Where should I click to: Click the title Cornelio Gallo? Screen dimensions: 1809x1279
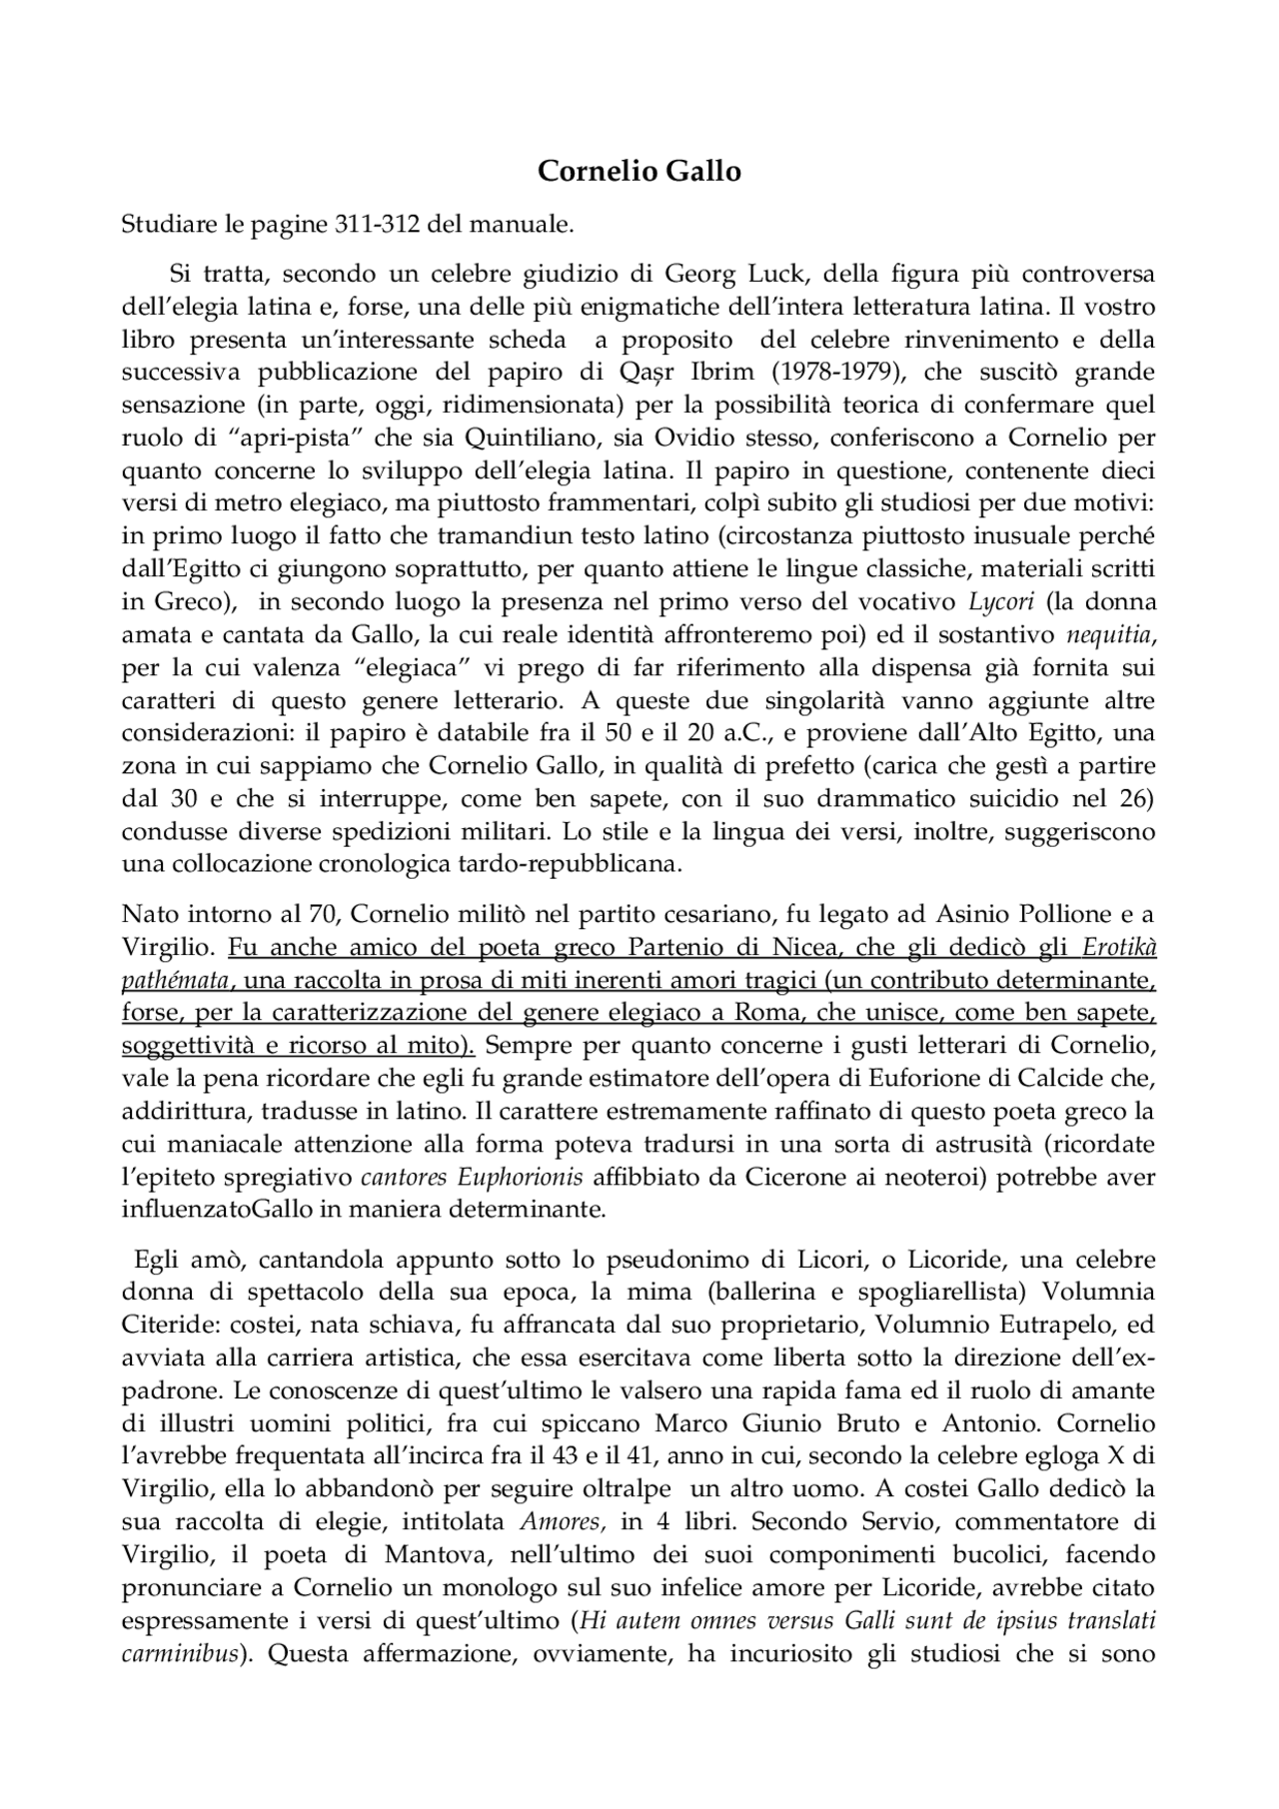pyautogui.click(x=639, y=172)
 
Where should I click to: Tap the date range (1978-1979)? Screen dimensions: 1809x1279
pyautogui.click(x=837, y=372)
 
